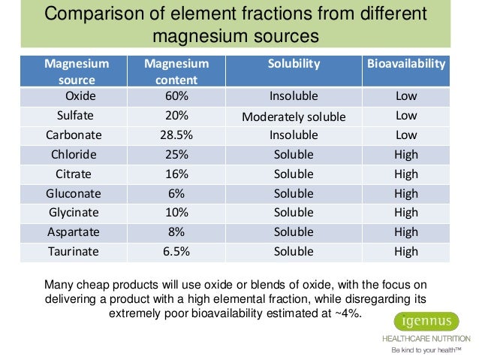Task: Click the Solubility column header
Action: click(x=294, y=64)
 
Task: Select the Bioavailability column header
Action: click(x=406, y=64)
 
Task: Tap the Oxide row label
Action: click(x=76, y=96)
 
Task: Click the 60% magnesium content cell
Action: click(x=176, y=96)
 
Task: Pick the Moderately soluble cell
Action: click(x=294, y=116)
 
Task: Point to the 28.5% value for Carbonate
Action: click(x=176, y=135)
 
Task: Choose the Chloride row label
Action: click(x=76, y=155)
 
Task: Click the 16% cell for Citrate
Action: click(x=176, y=174)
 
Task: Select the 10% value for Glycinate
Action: click(x=176, y=213)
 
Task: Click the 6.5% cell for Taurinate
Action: click(x=176, y=252)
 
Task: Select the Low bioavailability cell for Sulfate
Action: click(x=406, y=116)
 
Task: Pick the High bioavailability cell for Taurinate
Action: click(x=406, y=252)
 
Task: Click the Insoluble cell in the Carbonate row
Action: click(x=294, y=135)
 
